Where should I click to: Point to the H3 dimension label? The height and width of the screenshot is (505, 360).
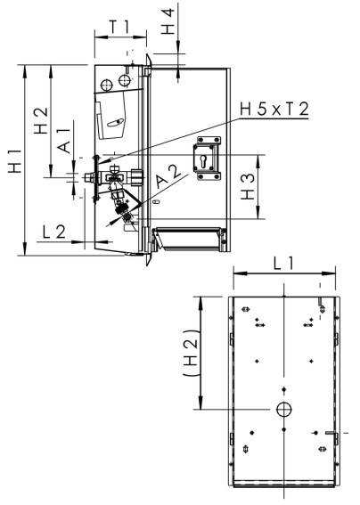click(x=250, y=186)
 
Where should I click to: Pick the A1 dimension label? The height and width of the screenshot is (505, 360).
click(x=65, y=143)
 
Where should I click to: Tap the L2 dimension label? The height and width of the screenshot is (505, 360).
click(x=54, y=231)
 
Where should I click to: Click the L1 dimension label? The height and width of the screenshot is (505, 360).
click(x=283, y=264)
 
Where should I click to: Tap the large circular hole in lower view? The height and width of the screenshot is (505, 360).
click(x=283, y=409)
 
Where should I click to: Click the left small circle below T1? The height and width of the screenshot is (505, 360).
click(x=107, y=85)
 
